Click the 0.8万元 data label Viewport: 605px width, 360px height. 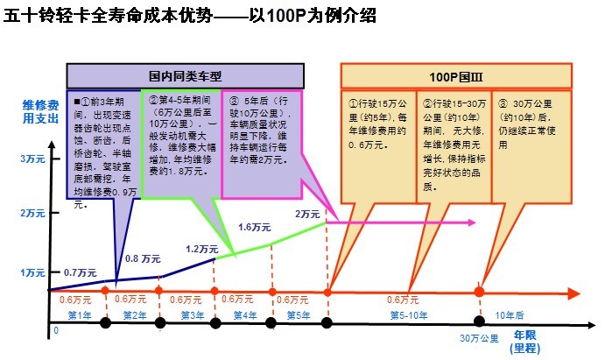[143, 259]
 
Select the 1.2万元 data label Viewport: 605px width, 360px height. [202, 248]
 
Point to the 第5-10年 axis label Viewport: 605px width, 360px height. [409, 314]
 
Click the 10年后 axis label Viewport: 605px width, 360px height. [510, 314]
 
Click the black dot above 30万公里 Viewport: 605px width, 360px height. [479, 321]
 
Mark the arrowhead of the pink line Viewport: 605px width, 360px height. [473, 222]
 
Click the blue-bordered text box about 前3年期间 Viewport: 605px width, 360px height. [103, 149]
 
